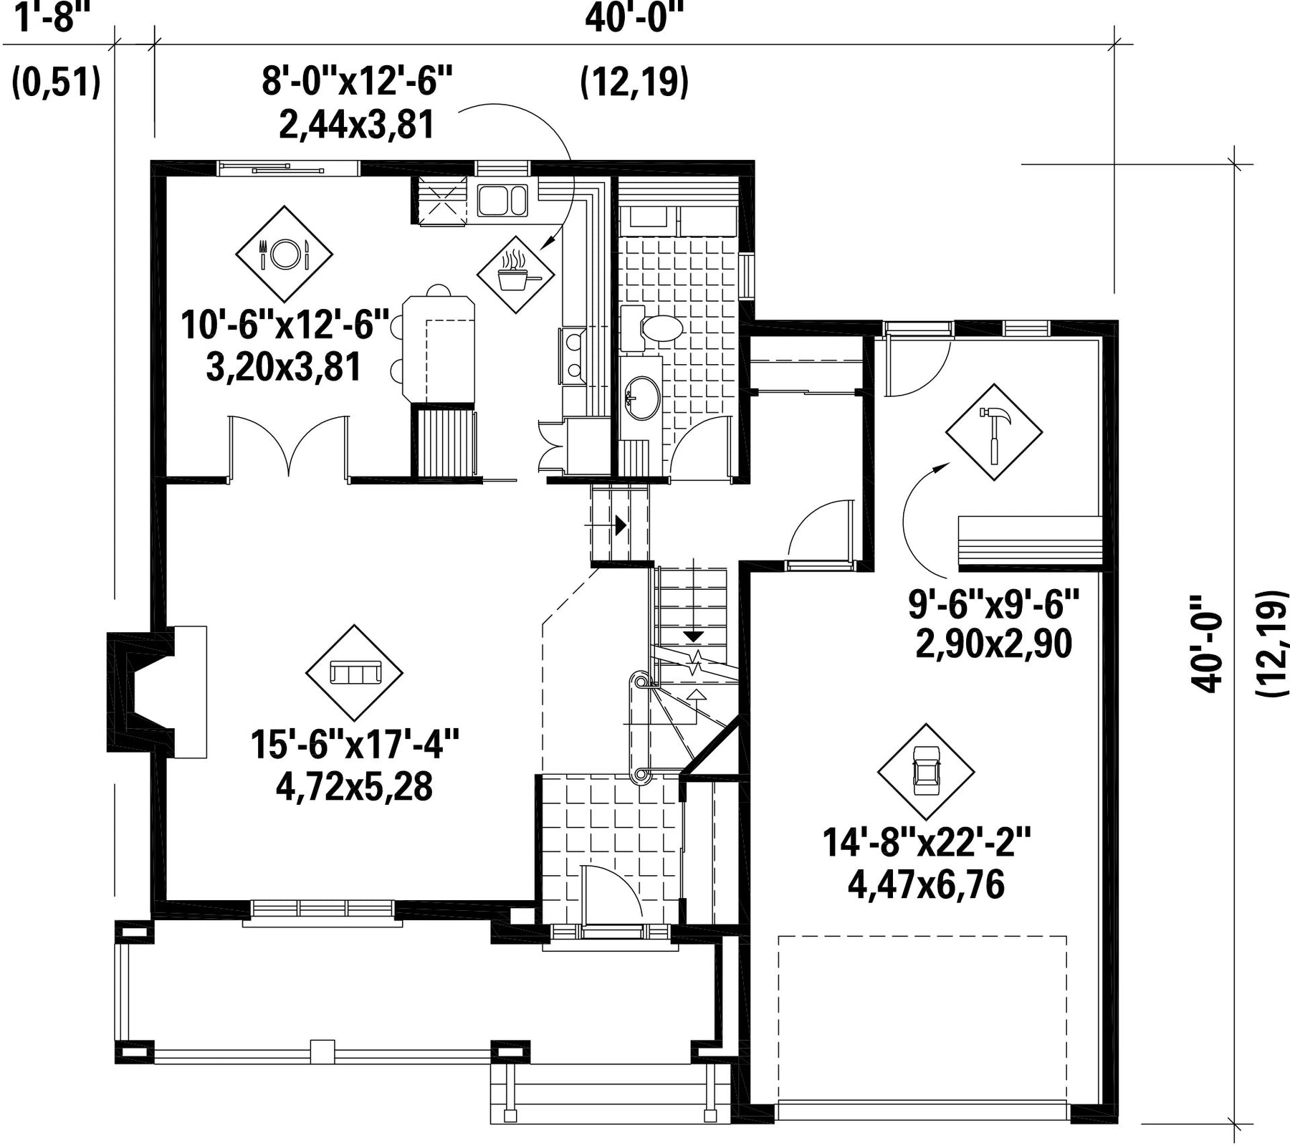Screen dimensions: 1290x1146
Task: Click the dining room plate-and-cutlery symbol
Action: click(x=285, y=253)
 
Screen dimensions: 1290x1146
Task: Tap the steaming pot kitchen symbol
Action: click(x=516, y=274)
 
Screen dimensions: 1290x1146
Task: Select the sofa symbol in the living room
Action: click(x=354, y=672)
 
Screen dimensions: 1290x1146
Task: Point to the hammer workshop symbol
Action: click(x=994, y=432)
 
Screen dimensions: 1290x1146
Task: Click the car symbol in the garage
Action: click(x=926, y=772)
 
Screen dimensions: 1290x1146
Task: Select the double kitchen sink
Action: click(x=502, y=201)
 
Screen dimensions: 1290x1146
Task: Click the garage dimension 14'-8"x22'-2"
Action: click(x=926, y=843)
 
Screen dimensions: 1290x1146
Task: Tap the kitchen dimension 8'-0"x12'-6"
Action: click(x=357, y=80)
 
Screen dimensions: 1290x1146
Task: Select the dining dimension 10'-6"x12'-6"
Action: click(x=285, y=324)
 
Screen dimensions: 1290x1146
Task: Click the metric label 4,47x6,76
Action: click(x=926, y=885)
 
